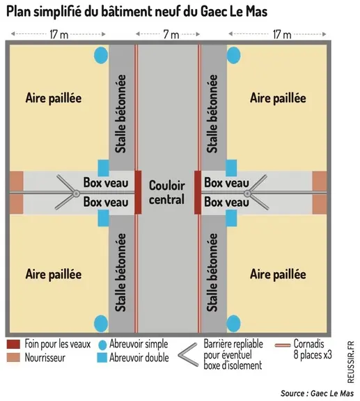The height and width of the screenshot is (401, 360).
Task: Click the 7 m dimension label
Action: [171, 34]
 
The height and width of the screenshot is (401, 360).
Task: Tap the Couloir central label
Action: [167, 192]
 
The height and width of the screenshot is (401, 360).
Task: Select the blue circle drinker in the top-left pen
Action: [101, 55]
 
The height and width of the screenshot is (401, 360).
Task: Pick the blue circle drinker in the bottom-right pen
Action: [233, 323]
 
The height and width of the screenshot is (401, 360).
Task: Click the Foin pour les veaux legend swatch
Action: [13, 344]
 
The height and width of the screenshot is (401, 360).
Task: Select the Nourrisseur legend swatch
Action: [13, 358]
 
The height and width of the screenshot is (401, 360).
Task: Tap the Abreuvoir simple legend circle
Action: [102, 345]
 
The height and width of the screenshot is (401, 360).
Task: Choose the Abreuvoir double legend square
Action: [102, 358]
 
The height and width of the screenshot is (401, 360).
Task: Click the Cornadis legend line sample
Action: [283, 345]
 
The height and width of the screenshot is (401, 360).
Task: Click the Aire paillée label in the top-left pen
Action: [54, 98]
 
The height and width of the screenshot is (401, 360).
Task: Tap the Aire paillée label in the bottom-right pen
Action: [278, 275]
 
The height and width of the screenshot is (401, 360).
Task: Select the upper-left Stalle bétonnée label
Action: [120, 113]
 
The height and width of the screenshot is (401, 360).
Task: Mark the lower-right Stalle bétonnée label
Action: [212, 273]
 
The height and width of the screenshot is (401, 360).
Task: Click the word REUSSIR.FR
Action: [350, 362]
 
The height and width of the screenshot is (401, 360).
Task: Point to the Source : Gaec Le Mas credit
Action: [318, 393]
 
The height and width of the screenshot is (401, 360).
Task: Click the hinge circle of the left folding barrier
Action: [76, 194]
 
